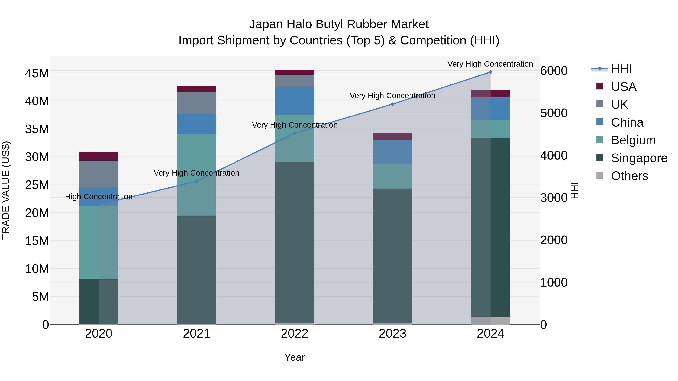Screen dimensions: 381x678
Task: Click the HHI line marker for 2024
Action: (490, 72)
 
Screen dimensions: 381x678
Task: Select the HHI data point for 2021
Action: (197, 181)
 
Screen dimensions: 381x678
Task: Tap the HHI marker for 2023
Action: (392, 104)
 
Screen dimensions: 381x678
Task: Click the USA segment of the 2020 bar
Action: (99, 156)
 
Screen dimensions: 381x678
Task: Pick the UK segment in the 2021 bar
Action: (197, 103)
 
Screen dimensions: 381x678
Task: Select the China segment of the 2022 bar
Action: (295, 101)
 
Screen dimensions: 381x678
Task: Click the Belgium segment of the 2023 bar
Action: (392, 176)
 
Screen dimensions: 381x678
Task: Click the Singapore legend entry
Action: (639, 158)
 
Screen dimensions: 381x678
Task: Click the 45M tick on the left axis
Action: (37, 73)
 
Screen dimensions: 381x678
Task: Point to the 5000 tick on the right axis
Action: (554, 113)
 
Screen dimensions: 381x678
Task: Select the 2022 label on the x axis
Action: (295, 334)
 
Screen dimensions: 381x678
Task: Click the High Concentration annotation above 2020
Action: (99, 197)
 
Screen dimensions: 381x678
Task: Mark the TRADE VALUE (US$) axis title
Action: (6, 190)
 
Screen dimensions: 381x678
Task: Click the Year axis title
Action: (295, 357)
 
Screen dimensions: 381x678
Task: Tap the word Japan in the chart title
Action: (266, 24)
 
